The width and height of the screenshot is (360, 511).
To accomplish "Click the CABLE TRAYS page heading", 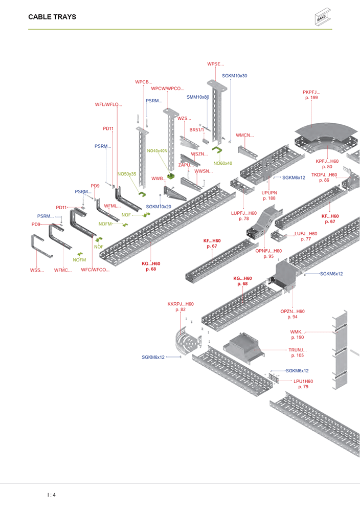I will point(52,17).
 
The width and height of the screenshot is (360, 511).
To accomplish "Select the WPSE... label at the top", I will point(215,64).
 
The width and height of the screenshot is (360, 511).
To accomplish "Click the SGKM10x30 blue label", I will point(235,76).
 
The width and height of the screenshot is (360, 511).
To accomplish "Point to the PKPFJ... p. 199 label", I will point(311,95).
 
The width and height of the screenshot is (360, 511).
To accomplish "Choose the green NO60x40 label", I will point(223,163).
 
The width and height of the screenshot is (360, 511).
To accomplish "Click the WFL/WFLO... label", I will point(108,104).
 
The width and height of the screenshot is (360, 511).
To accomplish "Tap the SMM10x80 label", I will point(198,97).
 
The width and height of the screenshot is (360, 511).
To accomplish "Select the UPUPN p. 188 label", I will point(269,195).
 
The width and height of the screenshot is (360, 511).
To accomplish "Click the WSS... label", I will point(37,270).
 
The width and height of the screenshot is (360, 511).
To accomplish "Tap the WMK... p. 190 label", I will point(297,335).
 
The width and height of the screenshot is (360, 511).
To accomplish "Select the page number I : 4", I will point(51,495).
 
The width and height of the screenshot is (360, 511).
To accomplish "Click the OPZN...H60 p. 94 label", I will point(292,314).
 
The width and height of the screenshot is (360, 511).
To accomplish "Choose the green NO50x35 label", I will point(127,174).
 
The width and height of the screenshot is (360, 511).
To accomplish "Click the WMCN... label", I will point(244,136).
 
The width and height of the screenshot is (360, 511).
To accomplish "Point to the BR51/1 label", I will point(197,130).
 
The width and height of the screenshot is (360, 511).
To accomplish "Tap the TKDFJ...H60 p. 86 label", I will point(324,177).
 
